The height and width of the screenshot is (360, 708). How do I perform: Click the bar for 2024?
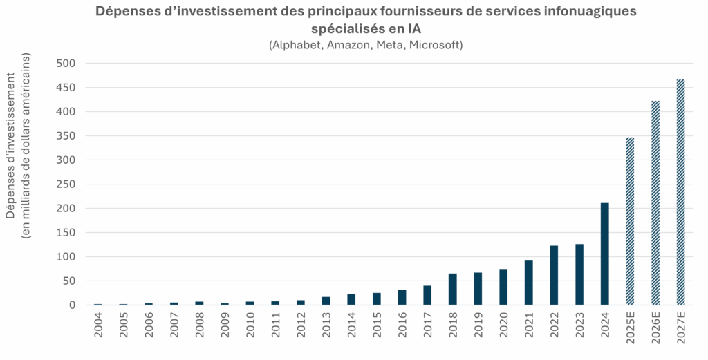click(x=605, y=254)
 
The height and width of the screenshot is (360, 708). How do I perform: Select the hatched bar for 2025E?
click(x=630, y=221)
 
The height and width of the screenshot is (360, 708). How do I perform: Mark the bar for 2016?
click(x=402, y=297)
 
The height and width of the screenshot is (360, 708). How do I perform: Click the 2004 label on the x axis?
click(x=98, y=329)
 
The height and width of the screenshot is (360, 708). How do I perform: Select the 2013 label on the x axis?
click(x=326, y=329)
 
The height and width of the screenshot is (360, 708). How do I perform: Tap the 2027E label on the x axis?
click(x=681, y=332)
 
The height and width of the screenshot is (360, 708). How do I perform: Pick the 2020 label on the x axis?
click(x=503, y=329)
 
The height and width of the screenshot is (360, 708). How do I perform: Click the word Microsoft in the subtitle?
click(x=434, y=45)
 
